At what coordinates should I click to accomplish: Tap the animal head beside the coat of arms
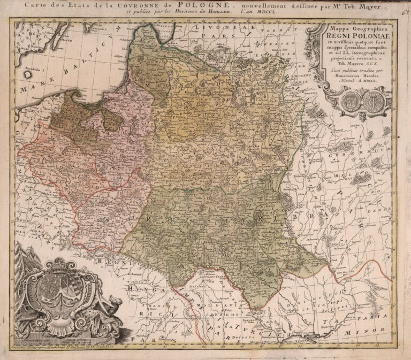[x=111, y=310]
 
